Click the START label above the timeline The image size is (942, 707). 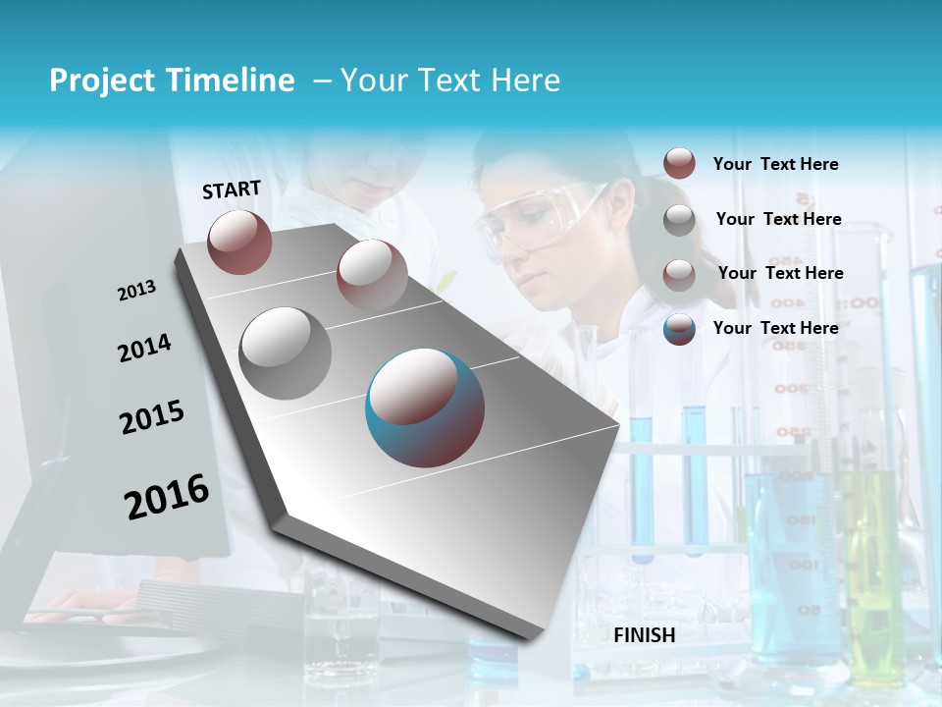[232, 190]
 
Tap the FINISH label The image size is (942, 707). [645, 635]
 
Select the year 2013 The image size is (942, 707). [136, 291]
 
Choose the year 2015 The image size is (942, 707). [152, 417]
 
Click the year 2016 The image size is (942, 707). [167, 497]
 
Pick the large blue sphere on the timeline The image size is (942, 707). [424, 408]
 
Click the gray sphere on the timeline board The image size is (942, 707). [285, 353]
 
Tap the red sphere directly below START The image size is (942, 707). [239, 242]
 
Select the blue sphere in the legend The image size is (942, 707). [679, 329]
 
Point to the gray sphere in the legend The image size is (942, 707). [679, 220]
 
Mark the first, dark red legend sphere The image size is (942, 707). [679, 163]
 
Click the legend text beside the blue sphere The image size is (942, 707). [776, 328]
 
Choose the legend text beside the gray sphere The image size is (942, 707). [779, 219]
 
